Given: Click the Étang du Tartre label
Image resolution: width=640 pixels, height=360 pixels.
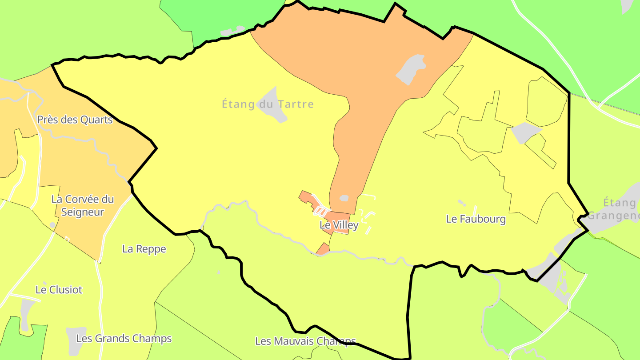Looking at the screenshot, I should coord(268,104).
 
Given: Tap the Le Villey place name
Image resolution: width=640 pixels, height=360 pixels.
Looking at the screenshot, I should coord(339,225).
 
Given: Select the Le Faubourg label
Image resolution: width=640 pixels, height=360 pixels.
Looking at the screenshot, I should coord(476,219).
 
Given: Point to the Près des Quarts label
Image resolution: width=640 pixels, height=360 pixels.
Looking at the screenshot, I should coord(75,120).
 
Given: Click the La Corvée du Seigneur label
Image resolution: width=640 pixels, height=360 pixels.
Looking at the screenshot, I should coord(83,205).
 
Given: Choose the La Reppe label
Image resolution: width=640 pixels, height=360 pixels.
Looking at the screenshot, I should coord(144,249).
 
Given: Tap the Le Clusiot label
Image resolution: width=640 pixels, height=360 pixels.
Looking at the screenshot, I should coord(59,290).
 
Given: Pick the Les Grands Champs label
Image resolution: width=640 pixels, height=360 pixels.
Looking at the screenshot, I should coord(124,339).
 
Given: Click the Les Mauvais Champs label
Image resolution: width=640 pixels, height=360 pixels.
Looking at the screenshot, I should coord(305,341).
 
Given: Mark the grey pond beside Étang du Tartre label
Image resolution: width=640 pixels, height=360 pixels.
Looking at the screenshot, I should coord(272,105).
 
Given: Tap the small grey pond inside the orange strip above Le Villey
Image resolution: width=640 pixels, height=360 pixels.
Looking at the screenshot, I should coord(344,198).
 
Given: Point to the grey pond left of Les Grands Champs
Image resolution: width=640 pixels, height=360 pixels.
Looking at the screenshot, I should coord(74,340).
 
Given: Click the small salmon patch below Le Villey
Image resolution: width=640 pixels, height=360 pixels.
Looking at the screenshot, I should coord(323,249).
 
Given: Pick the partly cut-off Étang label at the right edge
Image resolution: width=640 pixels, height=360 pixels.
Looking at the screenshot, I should coord(620,209).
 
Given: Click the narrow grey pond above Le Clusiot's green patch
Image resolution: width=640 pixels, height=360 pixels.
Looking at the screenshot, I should coord(26,313).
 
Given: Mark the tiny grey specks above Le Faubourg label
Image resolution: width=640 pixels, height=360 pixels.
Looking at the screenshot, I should coord(462,203).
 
